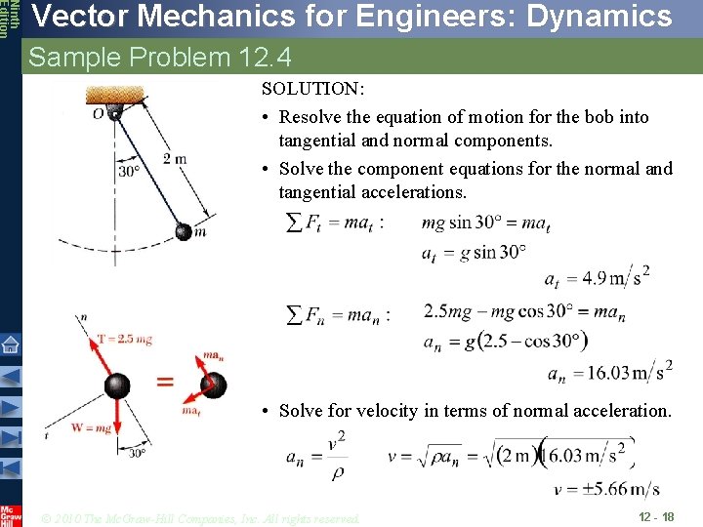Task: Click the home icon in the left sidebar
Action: pyautogui.click(x=10, y=345)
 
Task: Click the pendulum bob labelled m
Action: pyautogui.click(x=184, y=231)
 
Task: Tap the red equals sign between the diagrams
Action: pyautogui.click(x=165, y=382)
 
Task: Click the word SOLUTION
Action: pyautogui.click(x=312, y=89)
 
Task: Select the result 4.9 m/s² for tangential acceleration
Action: pyautogui.click(x=597, y=277)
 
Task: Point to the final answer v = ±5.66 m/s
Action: pyautogui.click(x=605, y=489)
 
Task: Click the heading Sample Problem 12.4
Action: pyautogui.click(x=160, y=58)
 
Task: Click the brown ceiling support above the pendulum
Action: pyautogui.click(x=114, y=95)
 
